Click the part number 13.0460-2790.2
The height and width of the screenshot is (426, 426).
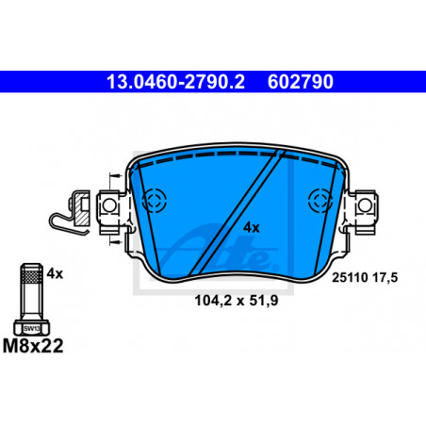(x=175, y=82)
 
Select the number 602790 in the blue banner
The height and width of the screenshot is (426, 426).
(x=301, y=82)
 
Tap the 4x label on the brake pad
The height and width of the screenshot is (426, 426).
(x=252, y=228)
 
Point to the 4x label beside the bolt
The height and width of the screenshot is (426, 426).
(x=55, y=274)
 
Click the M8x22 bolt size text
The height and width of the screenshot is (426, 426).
(x=33, y=346)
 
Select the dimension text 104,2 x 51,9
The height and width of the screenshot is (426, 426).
(x=237, y=301)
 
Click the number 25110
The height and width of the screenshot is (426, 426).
(x=350, y=277)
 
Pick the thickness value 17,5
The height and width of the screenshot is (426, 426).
(x=385, y=277)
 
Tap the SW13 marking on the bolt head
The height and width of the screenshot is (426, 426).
(x=32, y=329)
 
